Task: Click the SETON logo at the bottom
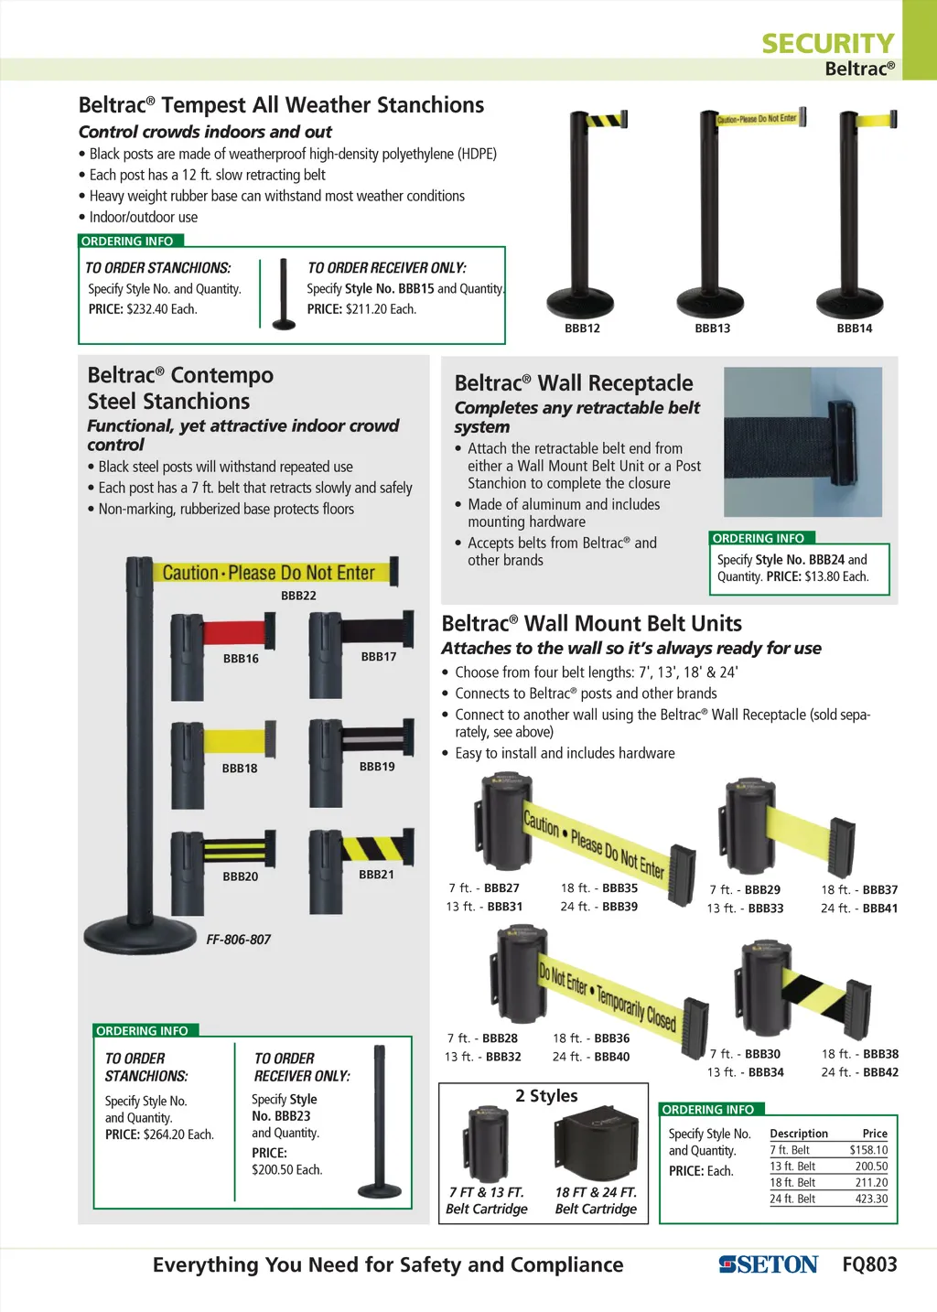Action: pos(769,1264)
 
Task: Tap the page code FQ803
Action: pos(869,1264)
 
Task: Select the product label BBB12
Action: pos(582,328)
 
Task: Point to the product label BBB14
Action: pos(854,328)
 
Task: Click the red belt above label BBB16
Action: pos(234,632)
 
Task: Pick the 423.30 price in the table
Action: pos(871,1199)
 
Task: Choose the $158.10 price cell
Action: pos(868,1150)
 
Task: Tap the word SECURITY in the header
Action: pos(827,43)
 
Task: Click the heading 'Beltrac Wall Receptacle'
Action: pos(574,383)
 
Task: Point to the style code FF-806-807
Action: pos(238,940)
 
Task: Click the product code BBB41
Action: pos(879,909)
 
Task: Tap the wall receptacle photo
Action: pos(802,442)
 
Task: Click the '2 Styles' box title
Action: pos(546,1096)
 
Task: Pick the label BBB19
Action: pos(377,767)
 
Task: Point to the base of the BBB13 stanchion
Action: pos(710,301)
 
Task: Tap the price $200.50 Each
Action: pos(286,1169)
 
